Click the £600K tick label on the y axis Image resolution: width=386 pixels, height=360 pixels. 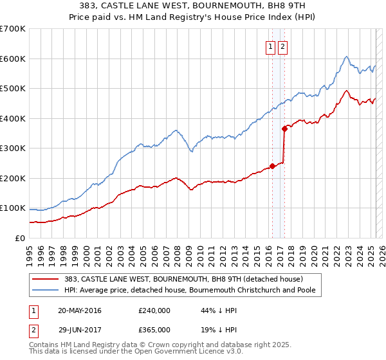point(13,59)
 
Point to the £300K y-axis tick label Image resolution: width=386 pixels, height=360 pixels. point(13,148)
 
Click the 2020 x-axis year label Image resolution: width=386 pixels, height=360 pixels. point(313,250)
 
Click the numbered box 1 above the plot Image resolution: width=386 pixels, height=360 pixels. point(271,46)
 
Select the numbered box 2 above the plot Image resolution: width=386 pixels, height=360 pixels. point(283,46)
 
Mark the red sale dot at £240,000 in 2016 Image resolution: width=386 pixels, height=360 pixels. point(272,166)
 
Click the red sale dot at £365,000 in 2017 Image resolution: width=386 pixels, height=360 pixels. point(284,129)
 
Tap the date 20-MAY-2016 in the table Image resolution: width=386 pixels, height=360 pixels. point(80,310)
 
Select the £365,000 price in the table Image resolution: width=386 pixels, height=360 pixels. point(154,330)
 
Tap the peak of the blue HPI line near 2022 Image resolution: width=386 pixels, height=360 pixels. point(346,57)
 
